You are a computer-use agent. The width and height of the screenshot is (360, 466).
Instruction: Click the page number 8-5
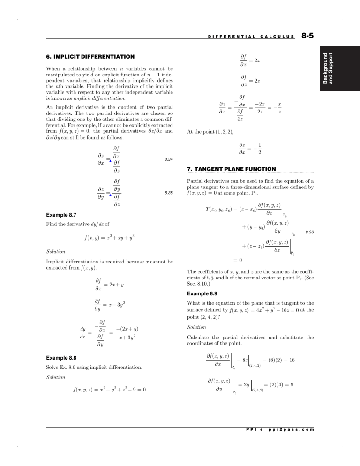309,35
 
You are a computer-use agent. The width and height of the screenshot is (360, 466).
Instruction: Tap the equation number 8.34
169,160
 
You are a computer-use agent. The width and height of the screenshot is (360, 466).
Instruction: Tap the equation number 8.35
169,192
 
